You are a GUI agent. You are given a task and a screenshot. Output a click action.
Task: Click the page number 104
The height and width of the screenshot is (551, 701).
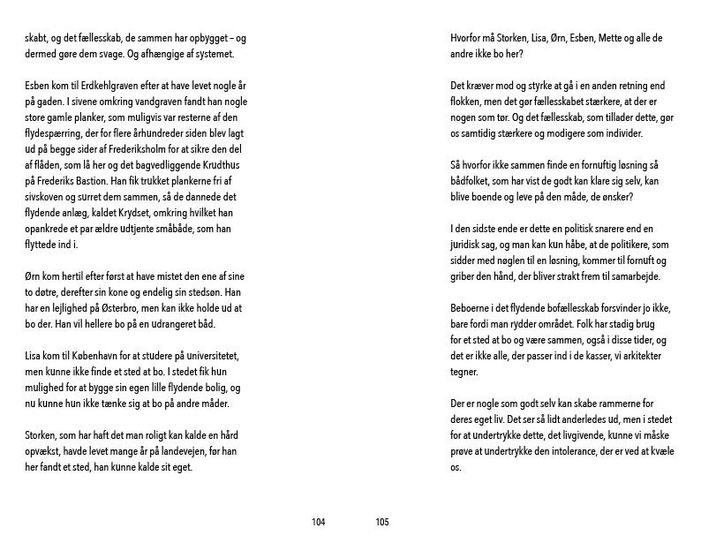pyautogui.click(x=319, y=523)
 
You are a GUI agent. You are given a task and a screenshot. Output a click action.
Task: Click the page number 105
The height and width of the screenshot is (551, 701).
pyautogui.click(x=381, y=523)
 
